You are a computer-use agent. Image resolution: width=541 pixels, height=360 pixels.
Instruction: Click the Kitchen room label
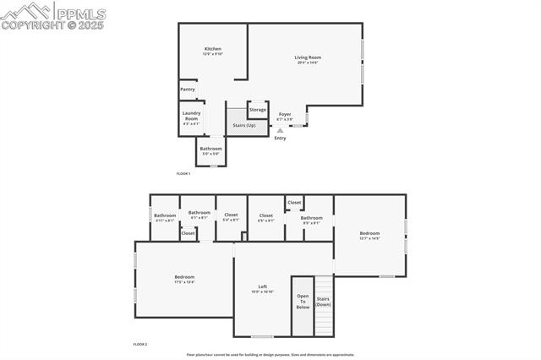213,51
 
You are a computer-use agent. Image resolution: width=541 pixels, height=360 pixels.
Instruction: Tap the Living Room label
308,59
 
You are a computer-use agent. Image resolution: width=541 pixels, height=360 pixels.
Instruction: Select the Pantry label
188,89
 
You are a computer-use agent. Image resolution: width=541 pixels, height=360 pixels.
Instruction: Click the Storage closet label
258,110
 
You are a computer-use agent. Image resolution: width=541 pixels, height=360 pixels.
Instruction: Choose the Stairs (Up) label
244,125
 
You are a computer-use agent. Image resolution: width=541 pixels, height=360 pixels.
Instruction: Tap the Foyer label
285,116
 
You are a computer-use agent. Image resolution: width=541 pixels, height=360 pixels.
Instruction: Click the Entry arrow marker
281,131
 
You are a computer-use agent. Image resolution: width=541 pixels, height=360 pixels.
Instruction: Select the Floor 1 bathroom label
210,150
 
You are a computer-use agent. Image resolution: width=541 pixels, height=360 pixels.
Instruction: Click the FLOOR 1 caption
183,173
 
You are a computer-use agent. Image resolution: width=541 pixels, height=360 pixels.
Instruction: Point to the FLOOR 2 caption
140,344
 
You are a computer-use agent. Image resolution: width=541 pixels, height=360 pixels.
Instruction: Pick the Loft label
263,288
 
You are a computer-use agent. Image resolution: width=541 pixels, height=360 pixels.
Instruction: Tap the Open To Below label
303,302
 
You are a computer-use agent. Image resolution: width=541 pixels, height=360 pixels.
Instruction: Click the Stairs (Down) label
323,301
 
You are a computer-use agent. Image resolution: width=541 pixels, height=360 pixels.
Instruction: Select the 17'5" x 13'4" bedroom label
184,279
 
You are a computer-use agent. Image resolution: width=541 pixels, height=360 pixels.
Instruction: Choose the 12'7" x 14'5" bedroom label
369,235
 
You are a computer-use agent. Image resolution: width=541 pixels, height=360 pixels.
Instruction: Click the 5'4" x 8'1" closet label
231,216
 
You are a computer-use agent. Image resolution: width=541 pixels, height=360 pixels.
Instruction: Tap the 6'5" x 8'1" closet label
265,216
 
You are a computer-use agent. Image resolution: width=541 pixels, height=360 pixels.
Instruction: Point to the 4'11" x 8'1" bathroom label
165,216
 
